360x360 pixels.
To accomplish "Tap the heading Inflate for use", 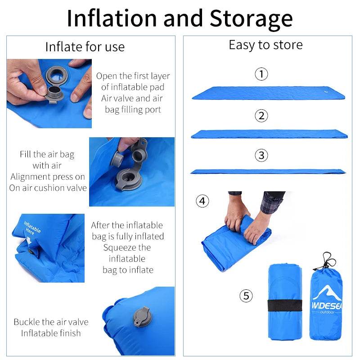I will click(85, 47).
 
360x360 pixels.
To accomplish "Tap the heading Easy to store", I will click(265, 45).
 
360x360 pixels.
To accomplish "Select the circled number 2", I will click(261, 116).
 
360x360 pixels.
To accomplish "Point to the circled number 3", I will click(261, 156).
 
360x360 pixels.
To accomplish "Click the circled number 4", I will click(202, 201).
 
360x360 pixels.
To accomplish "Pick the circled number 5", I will click(246, 296).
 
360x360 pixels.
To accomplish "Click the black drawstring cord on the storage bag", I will click(328, 261).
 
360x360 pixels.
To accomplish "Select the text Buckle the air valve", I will click(51, 322).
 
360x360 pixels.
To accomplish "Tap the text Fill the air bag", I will click(47, 154).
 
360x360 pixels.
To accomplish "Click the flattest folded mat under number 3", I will click(268, 171).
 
